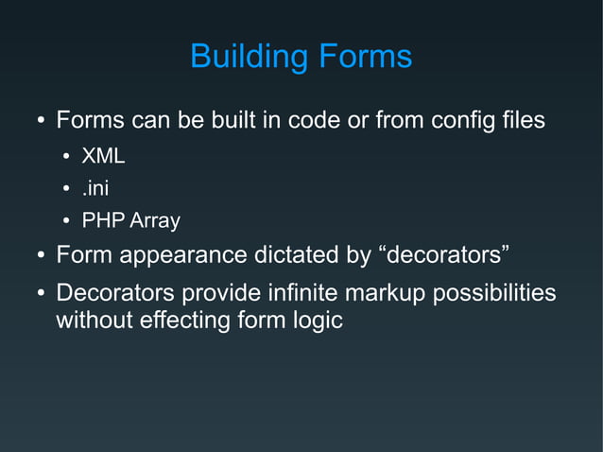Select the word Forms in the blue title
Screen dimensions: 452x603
[362, 57]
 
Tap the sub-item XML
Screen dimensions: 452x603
[103, 156]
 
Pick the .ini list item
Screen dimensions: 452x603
[95, 188]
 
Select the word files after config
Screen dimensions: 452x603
[520, 122]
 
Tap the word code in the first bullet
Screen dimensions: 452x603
[314, 122]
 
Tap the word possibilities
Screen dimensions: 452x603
[493, 293]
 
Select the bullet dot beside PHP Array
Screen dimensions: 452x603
[66, 222]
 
